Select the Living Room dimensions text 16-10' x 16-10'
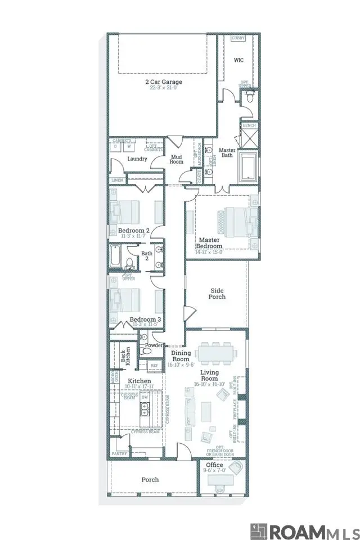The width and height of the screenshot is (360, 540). point(209,384)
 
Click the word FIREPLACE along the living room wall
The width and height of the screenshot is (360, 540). point(236,408)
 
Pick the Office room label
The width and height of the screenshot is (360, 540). point(214,465)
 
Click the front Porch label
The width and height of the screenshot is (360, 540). point(150,480)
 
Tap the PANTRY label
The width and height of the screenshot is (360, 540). point(119,453)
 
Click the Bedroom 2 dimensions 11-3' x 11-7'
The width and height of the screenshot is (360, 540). point(133,237)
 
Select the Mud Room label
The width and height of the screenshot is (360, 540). point(177,159)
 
